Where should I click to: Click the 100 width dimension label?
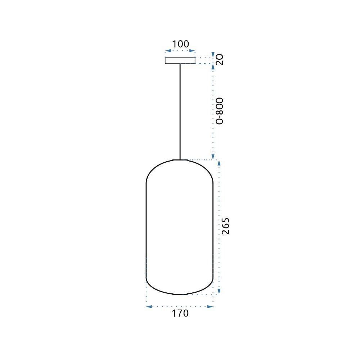pyautogui.click(x=180, y=44)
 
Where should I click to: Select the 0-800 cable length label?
pyautogui.click(x=220, y=111)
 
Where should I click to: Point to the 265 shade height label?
pyautogui.click(x=225, y=226)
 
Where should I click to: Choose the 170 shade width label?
pyautogui.click(x=180, y=313)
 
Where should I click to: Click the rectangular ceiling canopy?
pyautogui.click(x=180, y=60)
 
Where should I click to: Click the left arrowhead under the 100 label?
pyautogui.click(x=166, y=51)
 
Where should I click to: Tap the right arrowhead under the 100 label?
pyautogui.click(x=194, y=51)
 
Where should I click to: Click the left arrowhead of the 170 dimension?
pyautogui.click(x=148, y=307)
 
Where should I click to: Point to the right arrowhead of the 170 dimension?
pyautogui.click(x=212, y=307)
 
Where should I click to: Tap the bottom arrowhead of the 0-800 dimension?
pyautogui.click(x=213, y=157)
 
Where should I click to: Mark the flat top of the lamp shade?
pyautogui.click(x=180, y=159)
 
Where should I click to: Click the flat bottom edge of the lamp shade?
pyautogui.click(x=180, y=294)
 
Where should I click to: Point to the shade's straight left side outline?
pyautogui.click(x=146, y=230)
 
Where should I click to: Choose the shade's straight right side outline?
pyautogui.click(x=213, y=230)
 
